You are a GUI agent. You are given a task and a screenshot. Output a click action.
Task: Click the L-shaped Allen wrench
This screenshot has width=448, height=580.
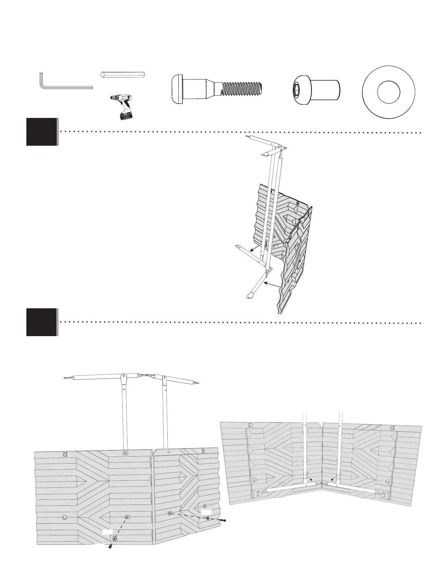tap(66, 87)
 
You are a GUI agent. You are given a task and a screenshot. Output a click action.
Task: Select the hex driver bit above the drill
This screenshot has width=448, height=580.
tap(123, 74)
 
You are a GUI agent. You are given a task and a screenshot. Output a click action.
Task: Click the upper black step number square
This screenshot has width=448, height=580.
tap(42, 131)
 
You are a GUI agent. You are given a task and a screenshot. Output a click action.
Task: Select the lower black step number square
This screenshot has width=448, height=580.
tap(42, 322)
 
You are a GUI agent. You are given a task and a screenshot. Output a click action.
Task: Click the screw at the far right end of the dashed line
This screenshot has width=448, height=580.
tap(224, 520)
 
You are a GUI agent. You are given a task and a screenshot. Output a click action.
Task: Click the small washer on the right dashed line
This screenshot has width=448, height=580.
tap(208, 518)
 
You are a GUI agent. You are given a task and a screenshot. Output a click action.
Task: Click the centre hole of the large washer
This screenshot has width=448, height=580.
tap(388, 92)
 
